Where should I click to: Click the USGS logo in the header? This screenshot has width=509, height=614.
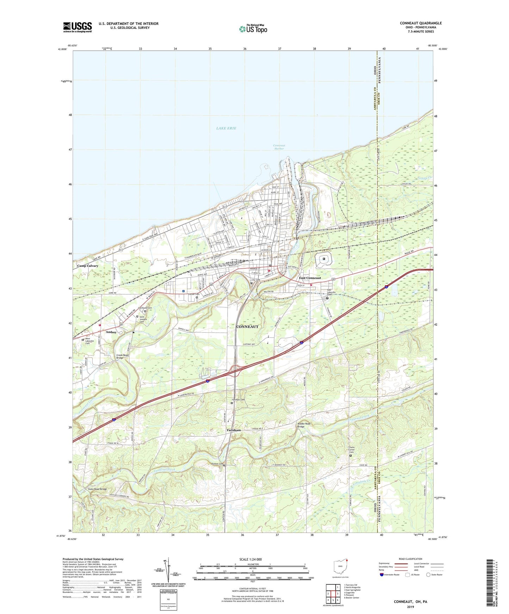[x=77, y=27]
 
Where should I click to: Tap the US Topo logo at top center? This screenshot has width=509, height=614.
[x=253, y=29]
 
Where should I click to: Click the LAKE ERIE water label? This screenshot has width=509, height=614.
[x=226, y=128]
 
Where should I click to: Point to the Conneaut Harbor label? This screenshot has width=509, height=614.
[x=279, y=147]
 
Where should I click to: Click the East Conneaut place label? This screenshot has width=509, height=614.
[x=310, y=278]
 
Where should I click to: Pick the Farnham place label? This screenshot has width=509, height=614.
[x=234, y=430]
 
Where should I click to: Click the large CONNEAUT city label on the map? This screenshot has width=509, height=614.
[x=247, y=327]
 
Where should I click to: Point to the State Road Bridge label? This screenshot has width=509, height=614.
[x=97, y=489]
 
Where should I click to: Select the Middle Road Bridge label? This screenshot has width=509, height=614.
[x=304, y=425]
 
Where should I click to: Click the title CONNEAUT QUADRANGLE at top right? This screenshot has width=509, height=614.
[x=421, y=23]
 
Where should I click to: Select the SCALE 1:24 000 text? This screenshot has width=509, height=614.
[x=250, y=559]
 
